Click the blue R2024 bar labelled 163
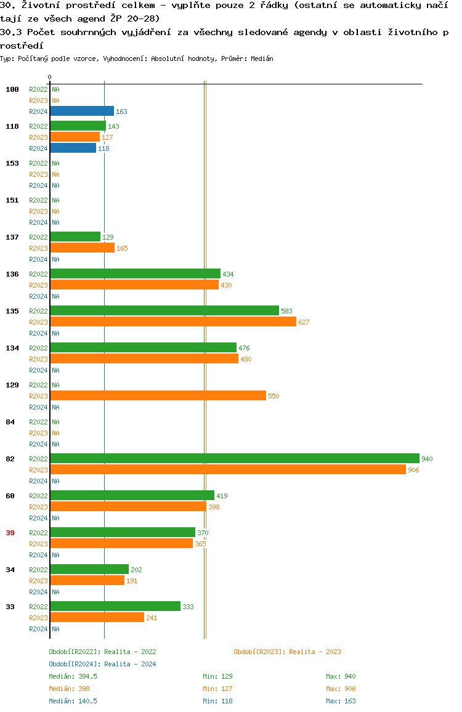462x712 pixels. [82, 111]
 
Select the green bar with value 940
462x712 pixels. [234, 458]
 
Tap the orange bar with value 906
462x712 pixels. [227, 469]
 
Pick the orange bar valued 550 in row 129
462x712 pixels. [158, 395]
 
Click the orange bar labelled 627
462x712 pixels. [173, 322]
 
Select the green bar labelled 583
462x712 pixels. [164, 310]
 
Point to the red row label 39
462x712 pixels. [10, 533]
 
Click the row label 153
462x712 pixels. [12, 163]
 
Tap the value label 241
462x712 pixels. [152, 618]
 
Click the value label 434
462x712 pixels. [228, 274]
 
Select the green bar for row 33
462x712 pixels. [115, 606]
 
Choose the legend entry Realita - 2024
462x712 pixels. [102, 664]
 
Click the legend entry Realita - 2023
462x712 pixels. [287, 652]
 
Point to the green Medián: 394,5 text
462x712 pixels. [73, 676]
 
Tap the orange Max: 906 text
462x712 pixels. [341, 689]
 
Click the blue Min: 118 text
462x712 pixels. [217, 701]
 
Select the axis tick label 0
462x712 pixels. [49, 78]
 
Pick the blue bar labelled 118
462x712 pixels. [73, 148]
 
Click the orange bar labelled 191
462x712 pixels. [87, 580]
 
